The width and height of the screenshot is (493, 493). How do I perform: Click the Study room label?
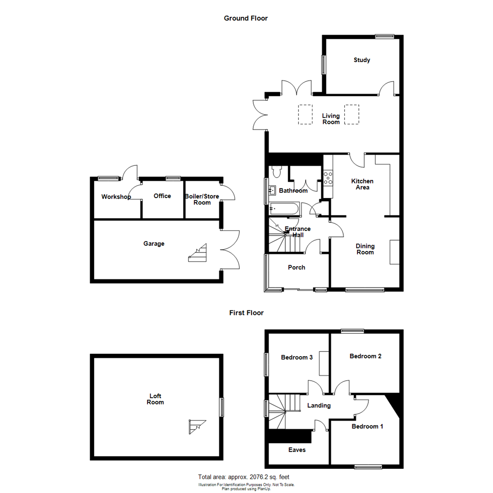coord(362,60)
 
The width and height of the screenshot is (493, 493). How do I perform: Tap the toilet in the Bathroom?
coord(276,172)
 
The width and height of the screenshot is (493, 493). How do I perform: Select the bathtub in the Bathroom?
coord(284,209)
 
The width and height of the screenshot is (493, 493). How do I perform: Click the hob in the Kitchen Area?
coord(328,178)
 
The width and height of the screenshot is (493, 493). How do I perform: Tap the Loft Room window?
coord(222,407)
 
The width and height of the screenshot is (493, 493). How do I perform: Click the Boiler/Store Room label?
coord(202,199)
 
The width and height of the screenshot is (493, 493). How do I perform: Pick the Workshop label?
coord(116,197)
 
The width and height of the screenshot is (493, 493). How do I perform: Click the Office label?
coord(162,196)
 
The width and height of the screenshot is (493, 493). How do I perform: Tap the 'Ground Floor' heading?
coord(246,18)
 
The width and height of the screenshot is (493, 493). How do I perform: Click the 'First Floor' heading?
coord(246,313)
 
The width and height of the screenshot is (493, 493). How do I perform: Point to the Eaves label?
coord(297,450)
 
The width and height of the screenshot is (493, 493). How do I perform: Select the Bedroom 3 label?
coord(297,357)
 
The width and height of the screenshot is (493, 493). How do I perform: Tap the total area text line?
coord(246,477)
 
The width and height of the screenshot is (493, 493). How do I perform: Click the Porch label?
coord(297,267)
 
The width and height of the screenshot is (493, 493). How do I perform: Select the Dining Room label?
coord(365,249)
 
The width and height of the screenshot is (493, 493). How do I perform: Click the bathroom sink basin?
coord(272,189)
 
